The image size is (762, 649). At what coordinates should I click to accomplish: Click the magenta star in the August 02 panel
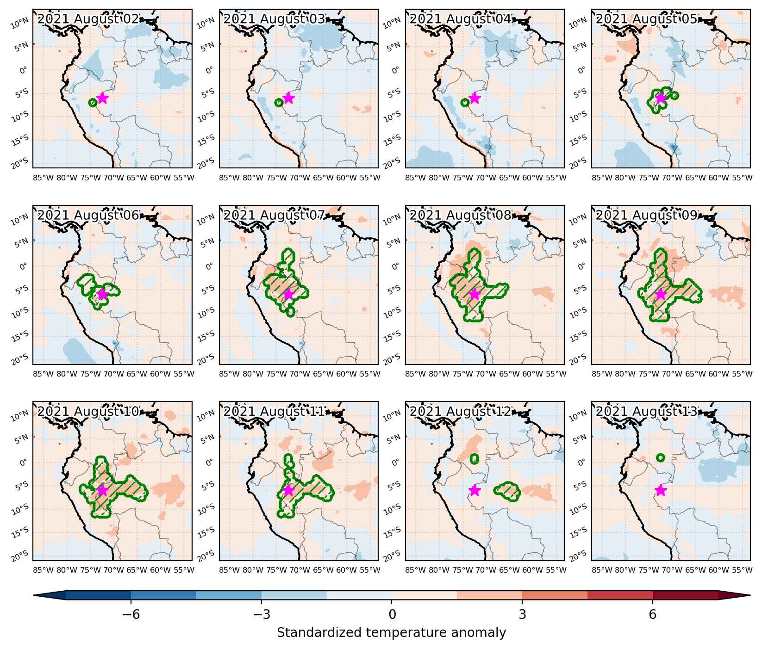102,98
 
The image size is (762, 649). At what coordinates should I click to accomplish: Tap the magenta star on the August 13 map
661,490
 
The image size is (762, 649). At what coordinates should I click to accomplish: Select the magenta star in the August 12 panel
475,490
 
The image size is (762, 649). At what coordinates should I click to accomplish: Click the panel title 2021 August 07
275,216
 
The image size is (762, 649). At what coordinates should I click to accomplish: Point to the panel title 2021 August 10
88,412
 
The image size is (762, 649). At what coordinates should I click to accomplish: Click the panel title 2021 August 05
646,19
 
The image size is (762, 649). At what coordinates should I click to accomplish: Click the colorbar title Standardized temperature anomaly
391,632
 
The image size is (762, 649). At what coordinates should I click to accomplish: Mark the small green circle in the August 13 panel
661,457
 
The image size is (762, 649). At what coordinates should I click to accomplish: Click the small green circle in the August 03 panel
279,103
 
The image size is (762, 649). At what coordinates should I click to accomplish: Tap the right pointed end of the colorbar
750,596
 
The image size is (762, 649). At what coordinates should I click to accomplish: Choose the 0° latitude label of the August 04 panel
395,70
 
